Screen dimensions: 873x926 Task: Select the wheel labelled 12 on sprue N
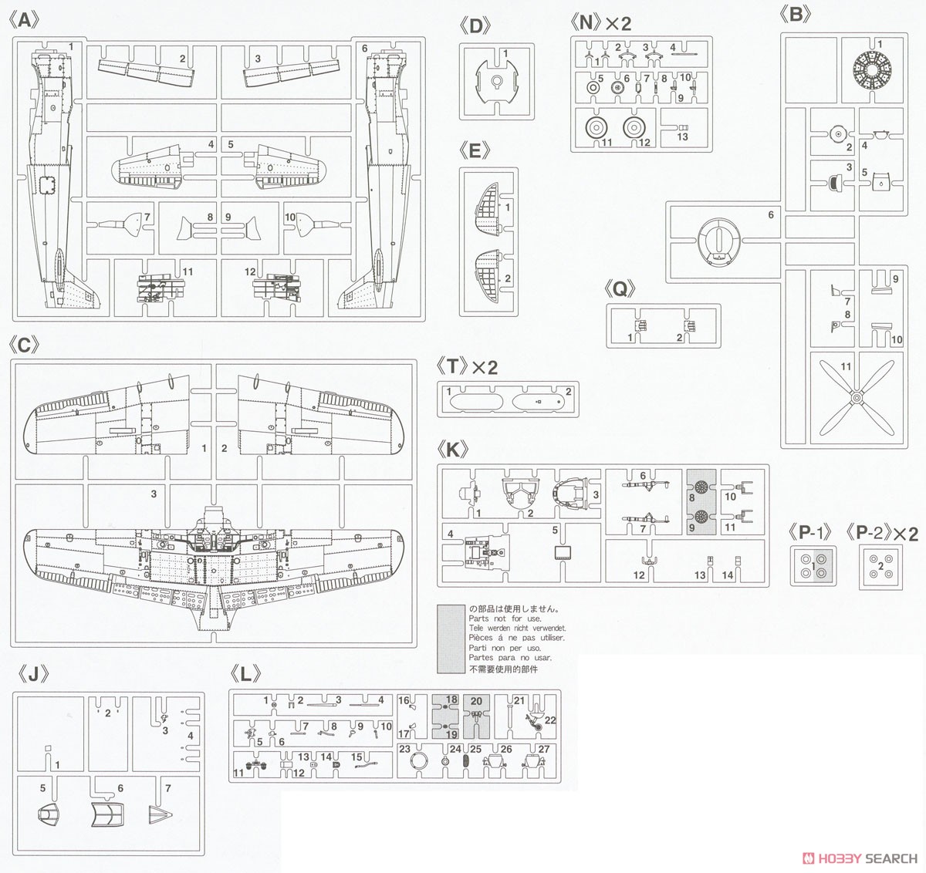[x=634, y=129]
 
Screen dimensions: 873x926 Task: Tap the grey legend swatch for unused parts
[x=451, y=637]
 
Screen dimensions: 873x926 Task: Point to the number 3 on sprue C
[x=154, y=494]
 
